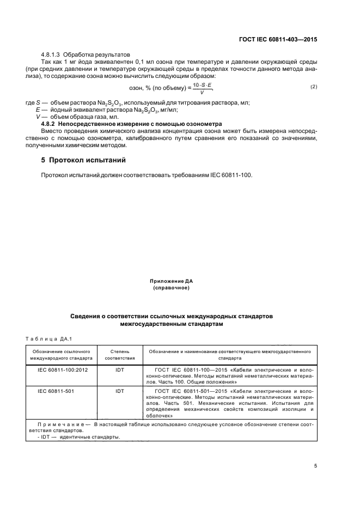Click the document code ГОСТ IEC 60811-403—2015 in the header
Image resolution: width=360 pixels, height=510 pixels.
click(279, 40)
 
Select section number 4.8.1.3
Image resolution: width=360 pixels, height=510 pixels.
click(52, 55)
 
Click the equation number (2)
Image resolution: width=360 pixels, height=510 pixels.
click(313, 87)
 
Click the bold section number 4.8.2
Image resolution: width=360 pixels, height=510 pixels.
click(51, 124)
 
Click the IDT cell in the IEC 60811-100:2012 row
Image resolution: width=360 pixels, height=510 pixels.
click(119, 370)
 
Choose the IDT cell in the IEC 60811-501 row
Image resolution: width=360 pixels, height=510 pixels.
click(119, 391)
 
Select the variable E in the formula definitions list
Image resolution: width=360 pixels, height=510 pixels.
click(38, 110)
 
